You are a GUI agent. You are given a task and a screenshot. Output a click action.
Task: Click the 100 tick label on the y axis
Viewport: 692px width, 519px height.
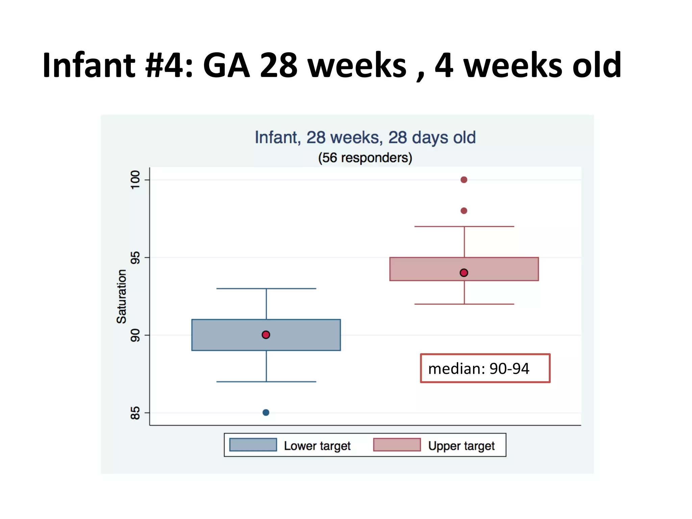click(135, 180)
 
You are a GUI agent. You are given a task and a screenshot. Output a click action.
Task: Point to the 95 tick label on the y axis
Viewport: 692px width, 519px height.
click(135, 257)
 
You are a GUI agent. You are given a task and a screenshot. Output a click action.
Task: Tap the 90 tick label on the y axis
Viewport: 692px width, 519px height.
click(135, 335)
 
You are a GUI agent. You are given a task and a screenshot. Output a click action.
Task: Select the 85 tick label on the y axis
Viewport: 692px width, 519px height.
click(135, 413)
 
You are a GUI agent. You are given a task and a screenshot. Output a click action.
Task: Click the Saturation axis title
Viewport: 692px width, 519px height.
click(121, 296)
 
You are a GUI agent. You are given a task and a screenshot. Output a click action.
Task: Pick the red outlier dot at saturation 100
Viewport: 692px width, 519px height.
click(464, 180)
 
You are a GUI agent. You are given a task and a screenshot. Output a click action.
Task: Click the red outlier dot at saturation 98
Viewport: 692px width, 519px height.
click(464, 211)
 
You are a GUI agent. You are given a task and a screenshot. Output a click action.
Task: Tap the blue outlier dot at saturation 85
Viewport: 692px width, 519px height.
click(266, 413)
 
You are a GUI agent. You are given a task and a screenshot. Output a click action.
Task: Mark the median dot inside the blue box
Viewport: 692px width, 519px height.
click(266, 335)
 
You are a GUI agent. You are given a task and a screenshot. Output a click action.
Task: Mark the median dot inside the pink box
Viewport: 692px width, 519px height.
click(464, 273)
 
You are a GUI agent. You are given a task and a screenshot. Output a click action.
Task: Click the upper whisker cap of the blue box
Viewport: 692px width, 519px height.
click(266, 289)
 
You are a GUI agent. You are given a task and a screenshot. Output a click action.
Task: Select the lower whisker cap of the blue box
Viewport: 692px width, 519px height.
click(266, 382)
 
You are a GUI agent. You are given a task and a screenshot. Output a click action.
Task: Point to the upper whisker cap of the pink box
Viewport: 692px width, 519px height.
click(464, 226)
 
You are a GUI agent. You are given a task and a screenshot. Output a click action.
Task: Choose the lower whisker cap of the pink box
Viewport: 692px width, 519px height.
click(464, 304)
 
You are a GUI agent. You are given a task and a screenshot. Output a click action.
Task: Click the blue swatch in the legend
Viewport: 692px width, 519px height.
click(253, 445)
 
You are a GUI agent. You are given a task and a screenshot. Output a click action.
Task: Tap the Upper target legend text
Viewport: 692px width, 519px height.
click(461, 446)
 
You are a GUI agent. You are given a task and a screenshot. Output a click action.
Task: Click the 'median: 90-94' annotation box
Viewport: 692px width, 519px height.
click(485, 368)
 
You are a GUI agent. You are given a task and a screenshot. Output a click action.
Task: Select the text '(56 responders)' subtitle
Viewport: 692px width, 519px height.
click(365, 158)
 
